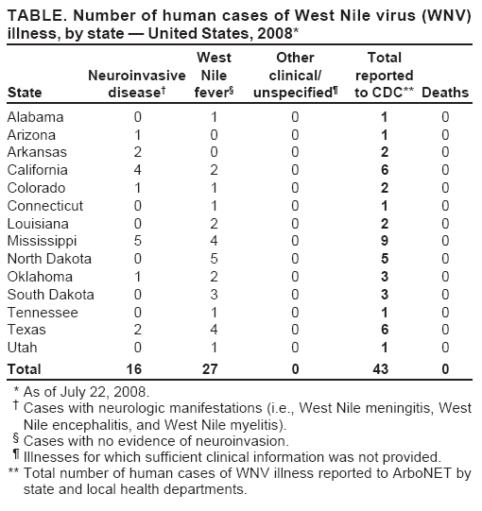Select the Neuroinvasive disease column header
point(135,83)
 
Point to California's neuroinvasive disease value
point(137,170)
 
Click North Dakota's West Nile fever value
point(215,259)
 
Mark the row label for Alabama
point(35,117)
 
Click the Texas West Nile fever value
point(215,330)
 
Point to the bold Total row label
point(24,367)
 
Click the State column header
point(24,93)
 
